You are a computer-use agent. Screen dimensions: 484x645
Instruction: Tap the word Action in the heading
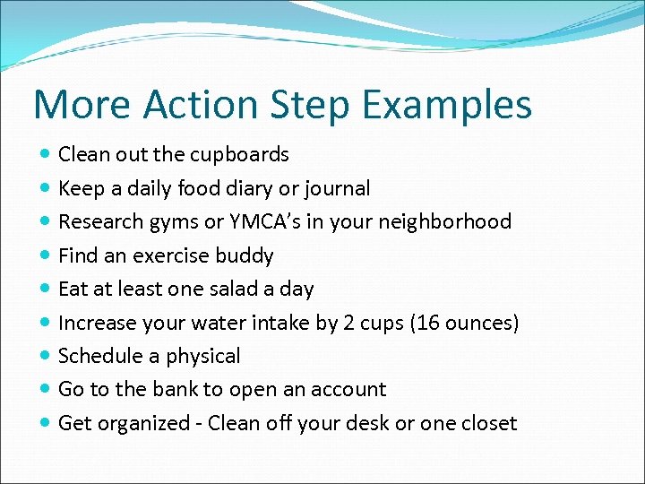[x=185, y=105]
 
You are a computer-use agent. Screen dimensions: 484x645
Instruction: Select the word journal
[x=337, y=188]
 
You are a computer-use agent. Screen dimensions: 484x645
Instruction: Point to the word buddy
[x=245, y=255]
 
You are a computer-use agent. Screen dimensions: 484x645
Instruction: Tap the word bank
[x=177, y=389]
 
